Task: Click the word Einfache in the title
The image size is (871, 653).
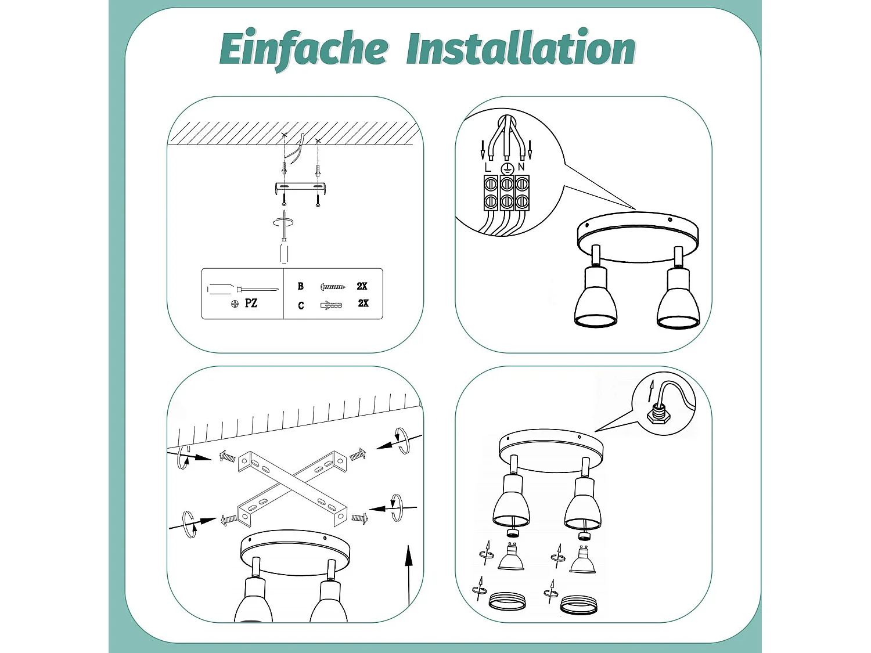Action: coord(303,49)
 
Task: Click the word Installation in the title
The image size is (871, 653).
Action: coord(520,49)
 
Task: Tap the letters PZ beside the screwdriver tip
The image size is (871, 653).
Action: coord(251,303)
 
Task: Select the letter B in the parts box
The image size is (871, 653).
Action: coord(300,286)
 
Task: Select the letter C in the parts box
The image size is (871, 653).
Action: coord(301,305)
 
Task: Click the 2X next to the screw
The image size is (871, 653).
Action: coord(362,286)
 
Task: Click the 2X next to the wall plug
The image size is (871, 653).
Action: coord(363,303)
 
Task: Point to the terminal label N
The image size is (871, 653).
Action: coord(521,167)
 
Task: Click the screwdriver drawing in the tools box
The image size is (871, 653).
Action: coord(242,289)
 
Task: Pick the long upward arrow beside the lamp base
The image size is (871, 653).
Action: coord(409,575)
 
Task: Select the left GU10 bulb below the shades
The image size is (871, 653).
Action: coord(511,557)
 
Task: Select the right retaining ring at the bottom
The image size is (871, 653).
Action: coord(579,605)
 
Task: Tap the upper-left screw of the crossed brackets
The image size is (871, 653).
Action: coord(227,458)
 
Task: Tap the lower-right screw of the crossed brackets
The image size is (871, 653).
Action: coord(359,518)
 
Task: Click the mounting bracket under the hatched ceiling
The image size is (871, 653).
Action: coord(301,188)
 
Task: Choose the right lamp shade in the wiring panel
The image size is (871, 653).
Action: coord(678,302)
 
